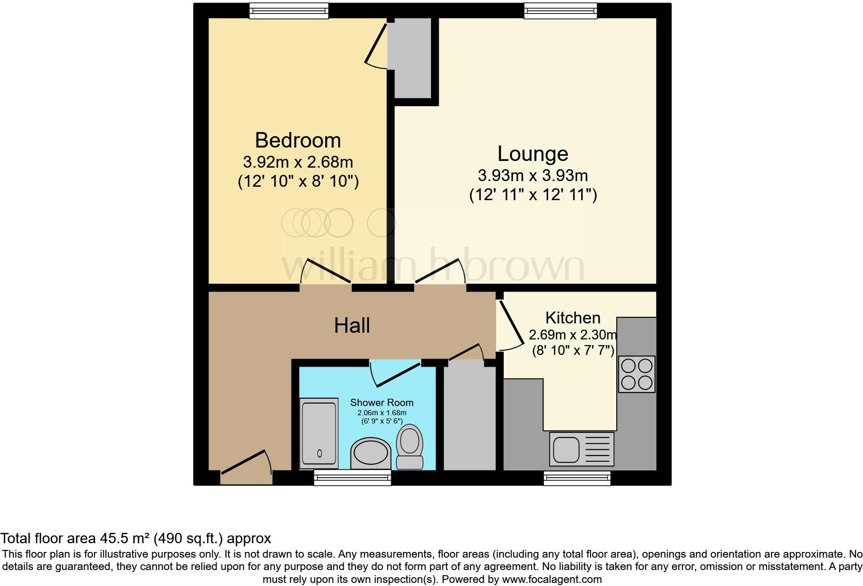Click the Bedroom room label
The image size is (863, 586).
pos(298,140)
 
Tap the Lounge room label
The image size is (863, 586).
pos(533,154)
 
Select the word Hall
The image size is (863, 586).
pos(352,325)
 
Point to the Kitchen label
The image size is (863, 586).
pos(573,317)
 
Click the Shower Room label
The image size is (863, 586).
pos(381,402)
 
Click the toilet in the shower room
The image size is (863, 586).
pos(410,447)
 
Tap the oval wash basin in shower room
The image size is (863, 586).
pos(371,454)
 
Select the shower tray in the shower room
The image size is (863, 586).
pos(319,433)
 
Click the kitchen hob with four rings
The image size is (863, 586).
pos(636,374)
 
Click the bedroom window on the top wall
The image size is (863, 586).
pos(289,11)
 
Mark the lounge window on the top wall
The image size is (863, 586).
pos(561,11)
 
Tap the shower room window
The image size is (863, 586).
pos(353,478)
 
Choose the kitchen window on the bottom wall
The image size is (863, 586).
pos(577,478)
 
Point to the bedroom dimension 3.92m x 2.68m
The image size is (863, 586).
pos(298,162)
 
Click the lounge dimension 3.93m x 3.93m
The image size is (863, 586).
pos(533,175)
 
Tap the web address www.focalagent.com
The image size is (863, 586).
pos(551,579)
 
